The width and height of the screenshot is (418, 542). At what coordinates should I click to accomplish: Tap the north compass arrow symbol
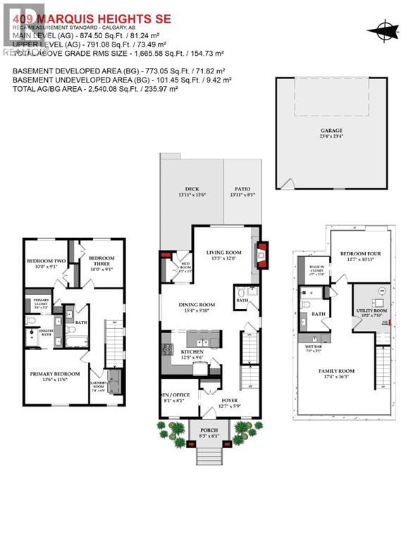pos(382,30)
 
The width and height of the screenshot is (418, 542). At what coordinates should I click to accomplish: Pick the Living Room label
pos(223,255)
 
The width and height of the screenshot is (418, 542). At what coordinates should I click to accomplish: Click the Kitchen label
pos(192,354)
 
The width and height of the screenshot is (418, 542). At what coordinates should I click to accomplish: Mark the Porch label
pos(209,432)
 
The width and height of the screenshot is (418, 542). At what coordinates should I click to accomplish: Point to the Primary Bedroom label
pos(54,376)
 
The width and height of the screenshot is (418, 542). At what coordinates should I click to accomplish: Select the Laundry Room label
pos(97,386)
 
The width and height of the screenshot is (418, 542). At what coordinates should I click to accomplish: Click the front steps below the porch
pos(209,456)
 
